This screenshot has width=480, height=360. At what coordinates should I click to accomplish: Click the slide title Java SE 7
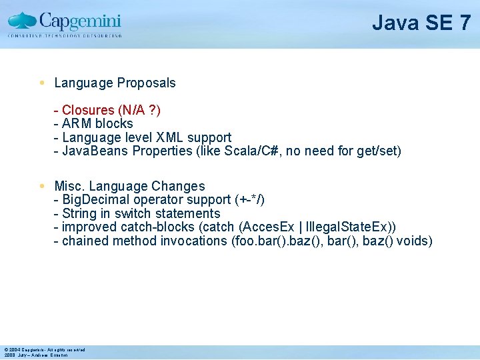(x=421, y=23)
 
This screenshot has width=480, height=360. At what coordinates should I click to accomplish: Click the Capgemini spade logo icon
(x=22, y=21)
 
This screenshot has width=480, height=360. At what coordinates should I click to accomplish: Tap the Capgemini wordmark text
(x=80, y=19)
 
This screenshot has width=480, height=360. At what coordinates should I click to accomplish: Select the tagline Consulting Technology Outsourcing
(x=65, y=35)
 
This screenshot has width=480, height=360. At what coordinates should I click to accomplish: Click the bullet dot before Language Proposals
(x=42, y=83)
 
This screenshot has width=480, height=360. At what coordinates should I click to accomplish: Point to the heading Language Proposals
(x=115, y=83)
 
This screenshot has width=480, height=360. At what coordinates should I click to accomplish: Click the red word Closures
(x=88, y=110)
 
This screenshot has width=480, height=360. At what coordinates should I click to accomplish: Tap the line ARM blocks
(x=97, y=123)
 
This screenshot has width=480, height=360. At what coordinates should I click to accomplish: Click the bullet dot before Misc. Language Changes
(x=42, y=186)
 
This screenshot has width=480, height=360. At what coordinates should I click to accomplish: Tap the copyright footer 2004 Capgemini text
(x=44, y=350)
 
